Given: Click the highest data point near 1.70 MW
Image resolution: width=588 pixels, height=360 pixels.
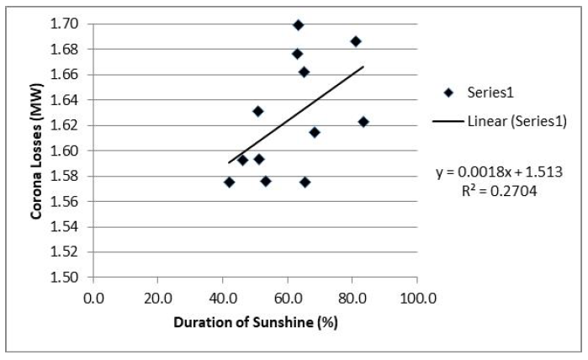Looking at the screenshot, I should [x=298, y=25].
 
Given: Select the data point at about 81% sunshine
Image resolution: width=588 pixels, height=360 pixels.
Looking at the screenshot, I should [x=356, y=41].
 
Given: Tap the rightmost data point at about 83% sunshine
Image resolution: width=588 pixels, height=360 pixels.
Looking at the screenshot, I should [x=363, y=122].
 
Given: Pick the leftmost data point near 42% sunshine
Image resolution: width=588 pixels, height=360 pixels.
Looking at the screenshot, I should [x=229, y=182].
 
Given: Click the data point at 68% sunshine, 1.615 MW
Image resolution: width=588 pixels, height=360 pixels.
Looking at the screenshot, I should [x=315, y=132].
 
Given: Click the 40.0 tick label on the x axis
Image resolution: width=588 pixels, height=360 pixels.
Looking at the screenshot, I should [x=222, y=296].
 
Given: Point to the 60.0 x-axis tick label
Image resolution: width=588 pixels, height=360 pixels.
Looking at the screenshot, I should [x=287, y=296].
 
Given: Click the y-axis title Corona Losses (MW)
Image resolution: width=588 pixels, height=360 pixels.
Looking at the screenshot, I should [x=38, y=151].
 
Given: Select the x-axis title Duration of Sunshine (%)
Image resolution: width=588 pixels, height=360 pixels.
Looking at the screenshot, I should [x=256, y=322].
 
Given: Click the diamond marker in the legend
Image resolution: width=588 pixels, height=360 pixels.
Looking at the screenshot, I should [x=448, y=93].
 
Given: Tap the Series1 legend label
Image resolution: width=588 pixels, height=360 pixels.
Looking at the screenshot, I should [x=490, y=93].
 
